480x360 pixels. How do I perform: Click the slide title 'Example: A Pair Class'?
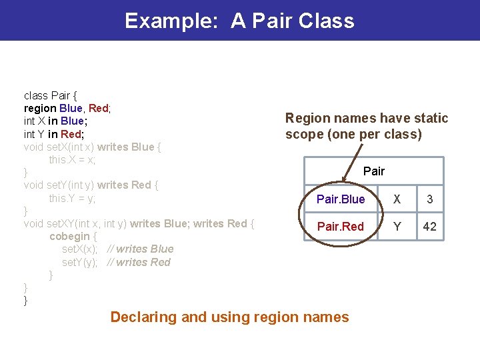239,21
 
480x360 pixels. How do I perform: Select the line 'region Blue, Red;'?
67,108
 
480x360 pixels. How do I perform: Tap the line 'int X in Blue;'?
55,121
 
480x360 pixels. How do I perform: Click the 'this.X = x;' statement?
72,159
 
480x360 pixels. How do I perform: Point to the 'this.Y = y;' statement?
72,198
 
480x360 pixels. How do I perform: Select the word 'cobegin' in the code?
69,236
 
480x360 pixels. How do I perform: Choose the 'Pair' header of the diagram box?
374,171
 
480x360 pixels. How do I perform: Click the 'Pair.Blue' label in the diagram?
341,199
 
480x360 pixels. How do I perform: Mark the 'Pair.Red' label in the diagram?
341,227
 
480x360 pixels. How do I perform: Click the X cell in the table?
397,199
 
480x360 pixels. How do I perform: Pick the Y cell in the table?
397,227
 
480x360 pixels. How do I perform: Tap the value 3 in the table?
430,199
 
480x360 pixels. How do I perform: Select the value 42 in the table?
430,227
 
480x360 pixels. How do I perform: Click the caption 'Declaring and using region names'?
229,317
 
